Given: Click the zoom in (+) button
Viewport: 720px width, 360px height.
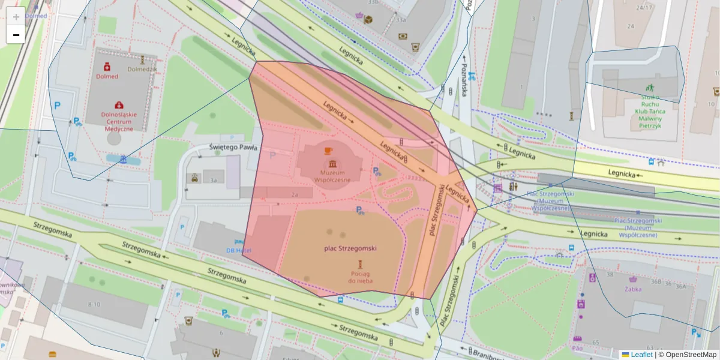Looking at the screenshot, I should (x=16, y=16).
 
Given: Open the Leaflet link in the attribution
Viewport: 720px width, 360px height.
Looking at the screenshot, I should (x=641, y=355).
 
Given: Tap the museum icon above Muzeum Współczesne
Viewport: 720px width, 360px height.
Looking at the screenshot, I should (x=331, y=164).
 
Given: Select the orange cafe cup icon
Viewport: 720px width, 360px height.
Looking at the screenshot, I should (x=328, y=151).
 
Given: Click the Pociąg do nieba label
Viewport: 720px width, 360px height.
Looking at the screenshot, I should (x=360, y=277).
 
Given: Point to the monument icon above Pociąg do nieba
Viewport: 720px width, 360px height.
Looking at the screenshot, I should (x=360, y=265).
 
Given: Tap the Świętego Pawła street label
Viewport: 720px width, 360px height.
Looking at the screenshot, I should (x=233, y=147).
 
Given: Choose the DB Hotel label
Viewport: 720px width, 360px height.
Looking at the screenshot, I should (x=239, y=250).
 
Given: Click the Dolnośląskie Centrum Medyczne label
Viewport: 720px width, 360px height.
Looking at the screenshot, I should (x=119, y=121).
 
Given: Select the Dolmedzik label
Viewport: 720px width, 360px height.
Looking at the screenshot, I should (x=142, y=69).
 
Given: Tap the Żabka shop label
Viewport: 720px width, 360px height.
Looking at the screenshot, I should (x=632, y=289).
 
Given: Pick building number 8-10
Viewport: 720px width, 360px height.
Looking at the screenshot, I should (x=94, y=304).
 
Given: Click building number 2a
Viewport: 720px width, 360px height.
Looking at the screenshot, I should (x=295, y=194).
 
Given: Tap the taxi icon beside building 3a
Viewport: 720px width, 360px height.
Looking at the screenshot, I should (x=195, y=178).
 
